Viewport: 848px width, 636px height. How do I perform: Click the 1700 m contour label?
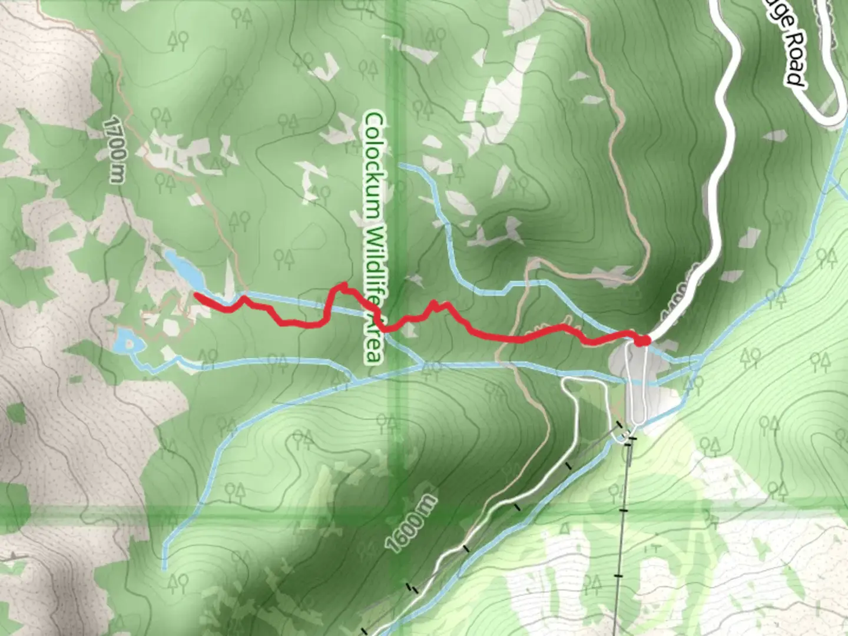(x=115, y=150)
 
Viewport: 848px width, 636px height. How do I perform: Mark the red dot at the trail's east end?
(x=642, y=340)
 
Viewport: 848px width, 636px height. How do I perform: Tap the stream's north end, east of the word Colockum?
(x=400, y=165)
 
